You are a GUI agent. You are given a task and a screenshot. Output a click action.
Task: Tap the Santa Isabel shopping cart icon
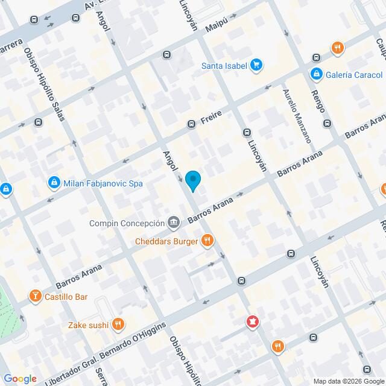(x=256, y=65)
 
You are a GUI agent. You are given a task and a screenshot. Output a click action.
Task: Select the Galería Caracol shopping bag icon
(x=315, y=74)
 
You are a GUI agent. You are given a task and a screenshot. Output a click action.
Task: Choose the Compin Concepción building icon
(x=174, y=223)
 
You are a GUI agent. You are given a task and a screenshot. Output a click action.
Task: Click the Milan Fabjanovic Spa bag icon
(x=54, y=183)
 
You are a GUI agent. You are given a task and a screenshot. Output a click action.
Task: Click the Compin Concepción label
(x=127, y=223)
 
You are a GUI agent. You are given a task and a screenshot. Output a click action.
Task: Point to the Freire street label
(x=212, y=115)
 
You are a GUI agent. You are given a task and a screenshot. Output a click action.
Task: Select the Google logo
(x=20, y=378)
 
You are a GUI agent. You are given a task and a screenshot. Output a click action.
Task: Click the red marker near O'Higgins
(x=252, y=323)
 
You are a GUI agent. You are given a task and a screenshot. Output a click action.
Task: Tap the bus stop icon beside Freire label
(x=191, y=124)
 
